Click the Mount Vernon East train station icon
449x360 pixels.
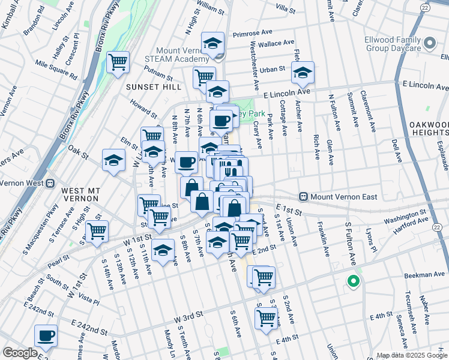tap(304, 197)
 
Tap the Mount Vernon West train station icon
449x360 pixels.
tap(51, 183)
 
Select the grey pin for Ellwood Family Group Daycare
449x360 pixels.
tap(430, 43)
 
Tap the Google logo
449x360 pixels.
tap(20, 353)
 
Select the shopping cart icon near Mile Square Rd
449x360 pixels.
tap(118, 61)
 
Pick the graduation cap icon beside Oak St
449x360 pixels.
tap(113, 160)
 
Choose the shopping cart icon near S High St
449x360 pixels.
tap(96, 231)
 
